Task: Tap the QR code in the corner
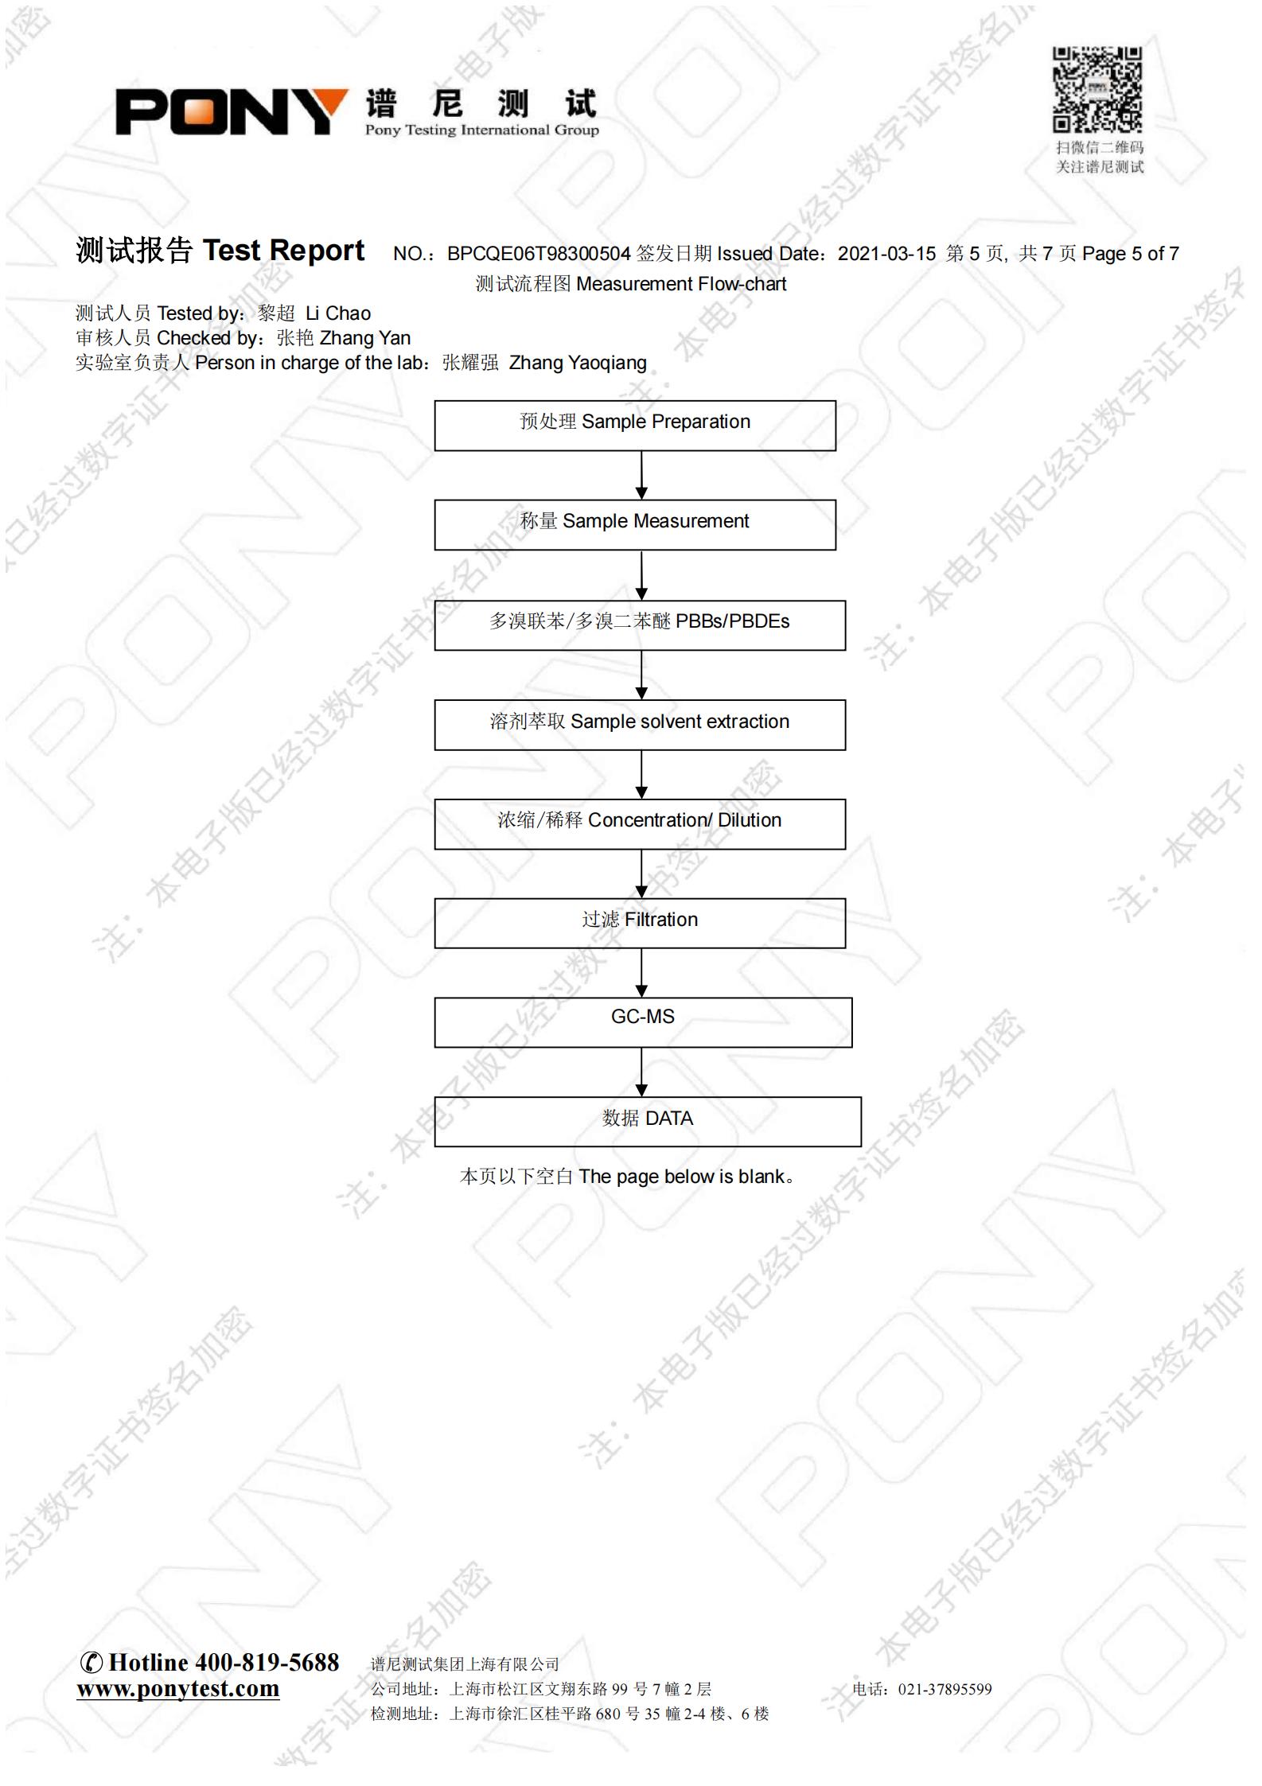[x=1097, y=89]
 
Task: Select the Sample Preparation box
[x=635, y=426]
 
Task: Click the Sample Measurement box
[x=635, y=525]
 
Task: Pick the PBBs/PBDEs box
[x=640, y=625]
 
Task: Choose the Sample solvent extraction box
[x=640, y=725]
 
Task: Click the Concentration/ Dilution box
[x=640, y=824]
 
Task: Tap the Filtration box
[x=640, y=923]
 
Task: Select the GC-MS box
[x=643, y=1022]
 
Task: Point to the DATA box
[x=648, y=1122]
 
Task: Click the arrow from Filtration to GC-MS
[x=641, y=973]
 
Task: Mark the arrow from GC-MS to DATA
[x=641, y=1072]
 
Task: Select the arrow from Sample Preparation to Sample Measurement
[x=641, y=476]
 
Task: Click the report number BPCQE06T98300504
[x=539, y=254]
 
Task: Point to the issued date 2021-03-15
[x=886, y=254]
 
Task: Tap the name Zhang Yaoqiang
[x=578, y=363]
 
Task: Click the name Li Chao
[x=338, y=313]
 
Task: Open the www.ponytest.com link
[x=178, y=1689]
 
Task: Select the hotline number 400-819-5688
[x=267, y=1662]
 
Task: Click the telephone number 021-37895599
[x=945, y=1689]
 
